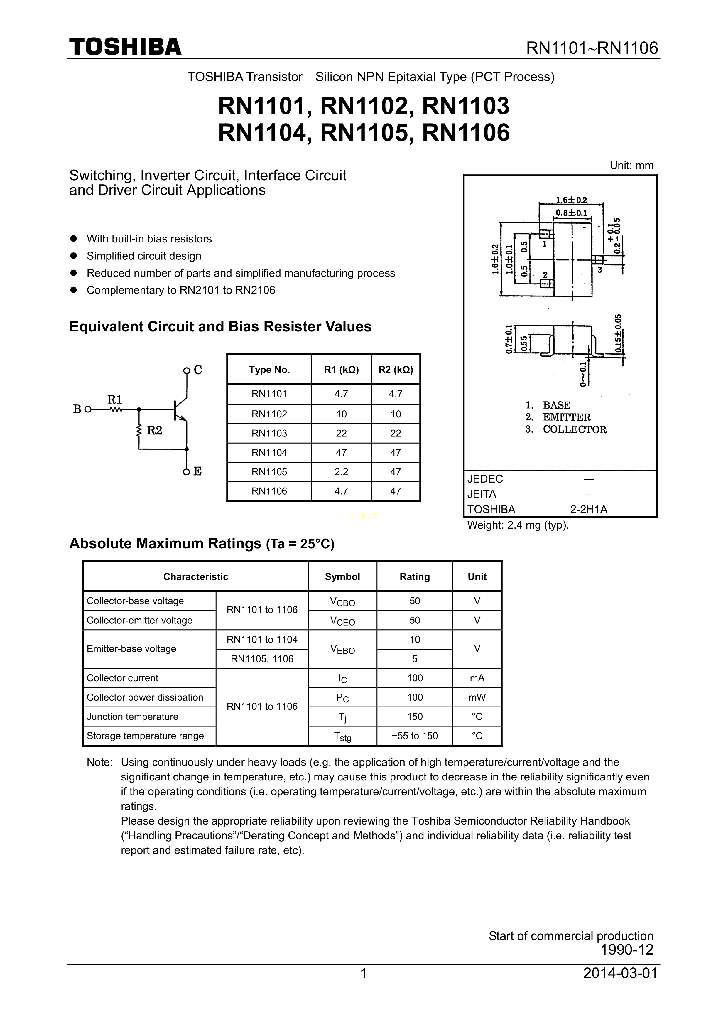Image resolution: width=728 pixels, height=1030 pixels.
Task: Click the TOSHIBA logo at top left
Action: pos(125,47)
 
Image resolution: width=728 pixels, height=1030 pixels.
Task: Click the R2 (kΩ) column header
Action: pos(396,370)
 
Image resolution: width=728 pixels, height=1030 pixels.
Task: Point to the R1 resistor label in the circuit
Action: pos(115,399)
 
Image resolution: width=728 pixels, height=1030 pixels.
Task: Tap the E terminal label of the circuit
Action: pos(197,471)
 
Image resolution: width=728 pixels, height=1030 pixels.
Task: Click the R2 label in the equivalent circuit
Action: pos(155,431)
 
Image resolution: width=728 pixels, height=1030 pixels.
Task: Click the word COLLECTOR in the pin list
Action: pos(575,429)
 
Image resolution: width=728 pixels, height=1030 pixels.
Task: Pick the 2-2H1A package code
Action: pos(589,509)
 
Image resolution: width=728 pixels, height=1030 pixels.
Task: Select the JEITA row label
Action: pos(482,494)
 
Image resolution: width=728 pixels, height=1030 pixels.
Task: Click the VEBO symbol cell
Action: pos(342,649)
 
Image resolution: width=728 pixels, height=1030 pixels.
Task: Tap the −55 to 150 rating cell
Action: pos(414,736)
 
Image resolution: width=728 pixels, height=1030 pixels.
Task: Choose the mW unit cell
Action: pos(477,697)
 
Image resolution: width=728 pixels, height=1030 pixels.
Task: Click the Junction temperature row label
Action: pos(132,717)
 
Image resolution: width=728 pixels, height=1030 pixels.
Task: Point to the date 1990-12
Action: pos(627,950)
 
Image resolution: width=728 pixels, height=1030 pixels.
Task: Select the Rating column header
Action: pos(414,576)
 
